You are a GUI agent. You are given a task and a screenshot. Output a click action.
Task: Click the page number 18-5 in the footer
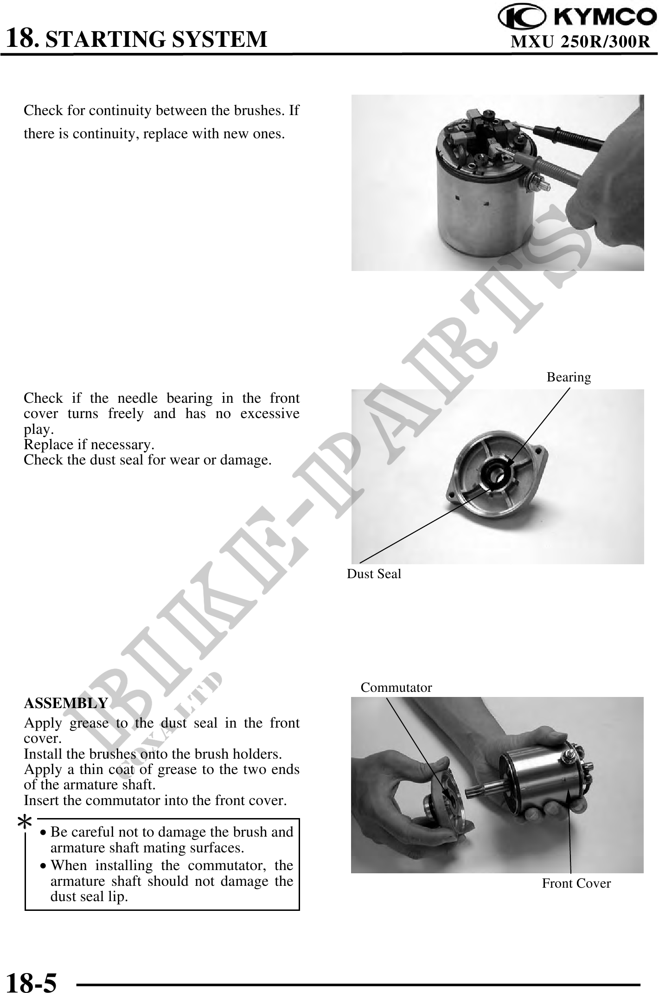click(32, 979)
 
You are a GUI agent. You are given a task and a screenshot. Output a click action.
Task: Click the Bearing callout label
click(569, 377)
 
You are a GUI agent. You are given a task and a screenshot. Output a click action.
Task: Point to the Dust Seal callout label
click(374, 574)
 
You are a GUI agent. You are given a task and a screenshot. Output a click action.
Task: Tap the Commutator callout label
click(397, 688)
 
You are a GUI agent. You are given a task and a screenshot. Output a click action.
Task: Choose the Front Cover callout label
click(576, 883)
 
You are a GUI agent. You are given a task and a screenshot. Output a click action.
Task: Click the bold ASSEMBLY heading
click(66, 703)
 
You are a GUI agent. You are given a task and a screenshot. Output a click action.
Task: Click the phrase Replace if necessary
click(89, 445)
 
